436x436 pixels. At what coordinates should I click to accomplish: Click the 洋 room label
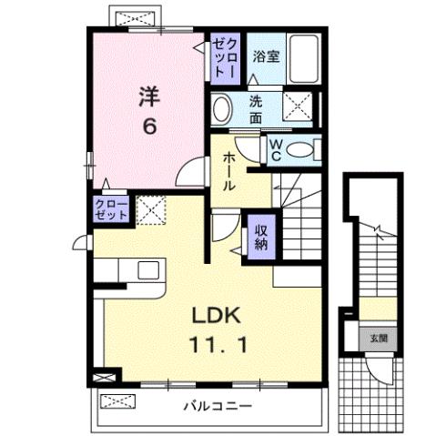150,95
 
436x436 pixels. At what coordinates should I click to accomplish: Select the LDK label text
215,316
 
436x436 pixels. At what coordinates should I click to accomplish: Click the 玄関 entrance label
376,337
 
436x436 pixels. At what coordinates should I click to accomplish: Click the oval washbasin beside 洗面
223,110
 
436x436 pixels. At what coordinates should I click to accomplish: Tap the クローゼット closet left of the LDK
111,210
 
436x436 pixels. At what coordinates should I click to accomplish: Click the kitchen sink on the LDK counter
147,270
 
